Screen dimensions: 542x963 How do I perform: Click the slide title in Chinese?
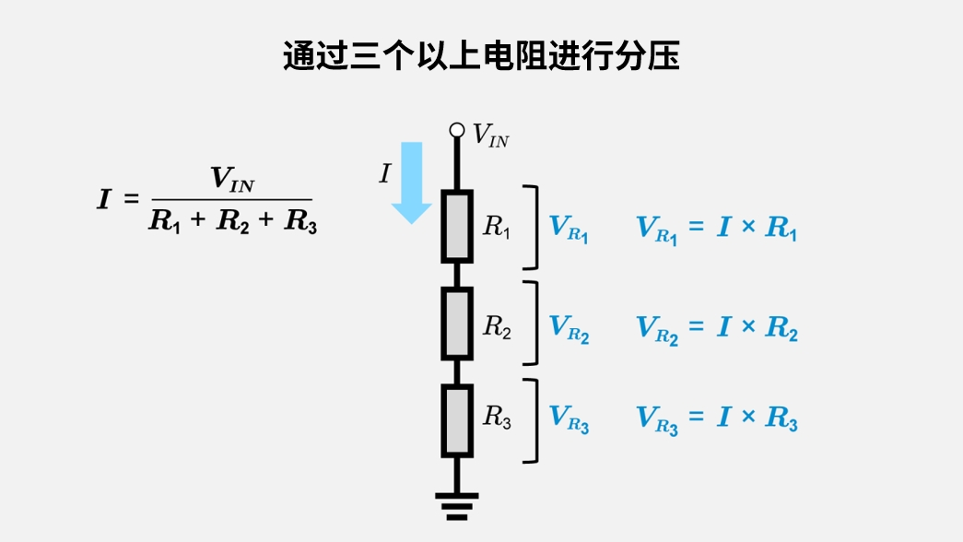coord(481,56)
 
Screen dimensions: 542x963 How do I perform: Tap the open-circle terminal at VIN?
coord(457,131)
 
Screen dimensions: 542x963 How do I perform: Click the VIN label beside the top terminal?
coord(490,136)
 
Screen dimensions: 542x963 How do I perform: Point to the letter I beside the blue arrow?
coord(385,173)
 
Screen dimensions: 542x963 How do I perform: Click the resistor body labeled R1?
coord(457,226)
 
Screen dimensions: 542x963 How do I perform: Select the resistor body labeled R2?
coord(457,324)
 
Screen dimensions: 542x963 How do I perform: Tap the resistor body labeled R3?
coord(457,420)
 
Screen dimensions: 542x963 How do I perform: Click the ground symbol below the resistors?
coord(457,505)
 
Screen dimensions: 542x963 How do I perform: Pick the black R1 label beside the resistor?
coord(497,227)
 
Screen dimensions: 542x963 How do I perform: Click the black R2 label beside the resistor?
coord(497,325)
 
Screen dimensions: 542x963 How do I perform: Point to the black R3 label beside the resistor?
coord(497,417)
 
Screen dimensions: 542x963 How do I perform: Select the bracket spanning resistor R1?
coord(532,227)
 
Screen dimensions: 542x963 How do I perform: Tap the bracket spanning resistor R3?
coord(532,420)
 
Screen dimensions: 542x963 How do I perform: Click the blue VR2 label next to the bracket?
coord(569,328)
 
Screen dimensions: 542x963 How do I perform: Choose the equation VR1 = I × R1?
coord(717,229)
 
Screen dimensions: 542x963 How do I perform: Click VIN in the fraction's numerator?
coord(232,180)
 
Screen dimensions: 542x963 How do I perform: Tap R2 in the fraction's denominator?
coord(232,222)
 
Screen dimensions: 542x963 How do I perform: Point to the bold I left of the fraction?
coord(104,199)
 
